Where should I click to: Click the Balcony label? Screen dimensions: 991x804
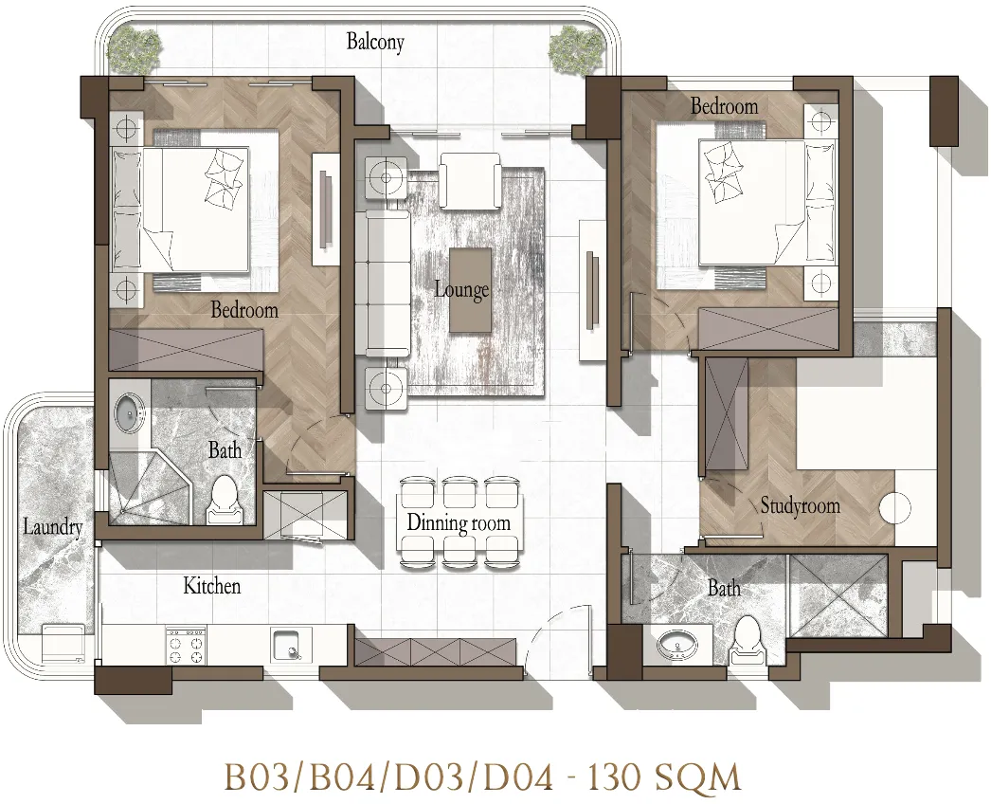click(x=375, y=43)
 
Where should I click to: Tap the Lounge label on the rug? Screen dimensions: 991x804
click(x=461, y=290)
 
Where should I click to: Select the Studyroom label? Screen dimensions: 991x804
click(x=801, y=505)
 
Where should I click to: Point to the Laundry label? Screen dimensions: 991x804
click(x=53, y=527)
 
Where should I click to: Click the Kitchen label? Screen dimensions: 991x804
click(x=211, y=586)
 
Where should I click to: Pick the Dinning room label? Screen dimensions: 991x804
click(x=459, y=523)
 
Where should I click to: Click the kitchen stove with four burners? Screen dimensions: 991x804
click(x=185, y=646)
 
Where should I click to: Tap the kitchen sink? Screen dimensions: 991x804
click(x=292, y=645)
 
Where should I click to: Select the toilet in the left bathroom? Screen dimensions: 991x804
click(x=223, y=501)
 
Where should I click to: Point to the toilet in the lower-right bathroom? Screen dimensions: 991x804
click(x=748, y=641)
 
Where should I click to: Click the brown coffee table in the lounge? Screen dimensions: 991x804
click(x=470, y=290)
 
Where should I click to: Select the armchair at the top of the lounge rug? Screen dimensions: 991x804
click(x=471, y=181)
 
